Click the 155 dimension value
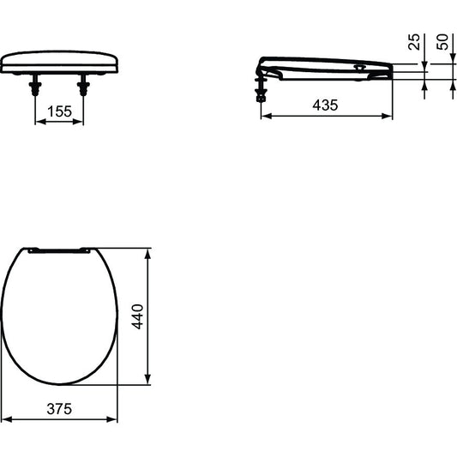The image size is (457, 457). click(59, 111)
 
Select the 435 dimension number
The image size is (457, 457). click(325, 105)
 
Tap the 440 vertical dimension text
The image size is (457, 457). click(137, 316)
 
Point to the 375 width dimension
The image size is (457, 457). click(59, 409)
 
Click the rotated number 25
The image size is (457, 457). click(414, 42)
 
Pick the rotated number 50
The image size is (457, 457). click(442, 42)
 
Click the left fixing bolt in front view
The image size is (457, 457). click(35, 85)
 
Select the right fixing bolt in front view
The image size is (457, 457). click(83, 85)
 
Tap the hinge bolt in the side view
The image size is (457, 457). click(261, 90)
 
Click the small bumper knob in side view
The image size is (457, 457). click(359, 68)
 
